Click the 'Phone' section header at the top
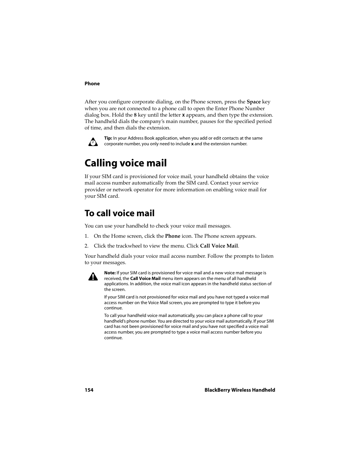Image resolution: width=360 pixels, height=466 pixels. [x=92, y=84]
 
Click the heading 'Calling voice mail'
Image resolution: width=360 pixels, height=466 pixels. [x=125, y=163]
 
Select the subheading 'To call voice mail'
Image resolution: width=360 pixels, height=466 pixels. [x=119, y=213]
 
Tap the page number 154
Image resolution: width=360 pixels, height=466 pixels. [x=89, y=390]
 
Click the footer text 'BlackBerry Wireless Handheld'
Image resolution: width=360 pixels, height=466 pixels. [x=240, y=390]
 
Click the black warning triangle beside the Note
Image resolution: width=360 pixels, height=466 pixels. [x=93, y=277]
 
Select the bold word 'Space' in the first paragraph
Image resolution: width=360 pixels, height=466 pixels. [x=254, y=102]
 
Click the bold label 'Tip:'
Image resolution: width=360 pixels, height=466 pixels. [x=108, y=138]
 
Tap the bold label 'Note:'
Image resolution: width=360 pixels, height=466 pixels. [x=110, y=273]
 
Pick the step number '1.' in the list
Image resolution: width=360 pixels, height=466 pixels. [x=86, y=236]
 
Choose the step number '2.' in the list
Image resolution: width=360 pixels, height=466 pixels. [x=86, y=246]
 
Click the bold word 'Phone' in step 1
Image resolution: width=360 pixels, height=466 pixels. [x=172, y=236]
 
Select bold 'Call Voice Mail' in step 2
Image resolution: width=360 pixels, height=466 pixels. [x=219, y=246]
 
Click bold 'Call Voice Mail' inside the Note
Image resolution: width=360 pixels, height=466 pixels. [x=145, y=278]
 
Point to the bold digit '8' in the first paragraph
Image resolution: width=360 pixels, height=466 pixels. [x=135, y=115]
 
